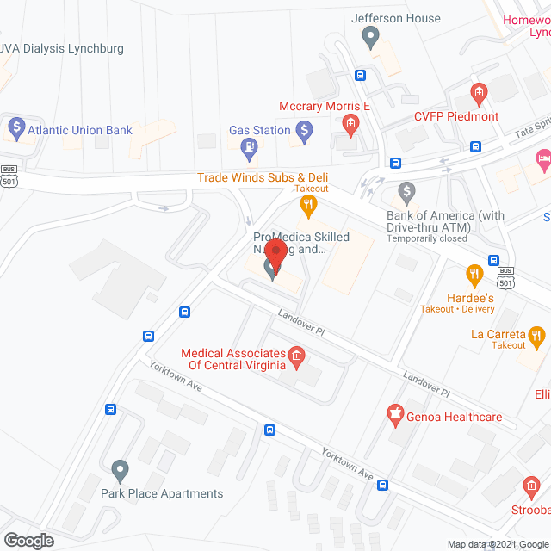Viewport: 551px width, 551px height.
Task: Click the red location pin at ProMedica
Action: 275,253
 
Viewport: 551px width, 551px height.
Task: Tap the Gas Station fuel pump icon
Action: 250,147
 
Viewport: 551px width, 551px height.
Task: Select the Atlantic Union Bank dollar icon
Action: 15,129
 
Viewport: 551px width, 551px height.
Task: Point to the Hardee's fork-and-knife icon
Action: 474,275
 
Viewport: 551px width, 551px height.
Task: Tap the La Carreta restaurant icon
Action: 537,335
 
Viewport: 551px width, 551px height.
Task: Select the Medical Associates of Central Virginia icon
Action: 295,355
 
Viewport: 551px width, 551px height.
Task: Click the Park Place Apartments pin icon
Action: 120,471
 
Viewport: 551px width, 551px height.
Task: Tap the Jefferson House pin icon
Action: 371,37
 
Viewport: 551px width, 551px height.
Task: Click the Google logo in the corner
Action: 28,540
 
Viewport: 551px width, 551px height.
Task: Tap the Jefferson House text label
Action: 396,18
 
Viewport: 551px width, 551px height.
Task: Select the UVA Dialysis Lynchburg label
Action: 62,48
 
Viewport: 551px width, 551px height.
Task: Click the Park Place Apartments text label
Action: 162,493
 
